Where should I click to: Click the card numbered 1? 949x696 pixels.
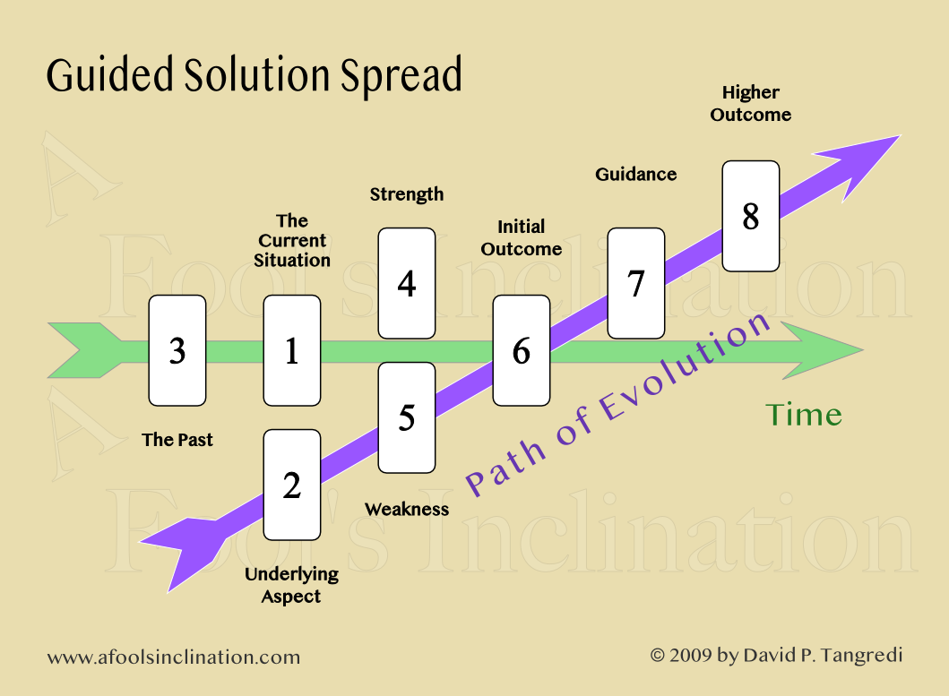pyautogui.click(x=291, y=350)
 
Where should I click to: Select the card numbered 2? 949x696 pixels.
pyautogui.click(x=291, y=485)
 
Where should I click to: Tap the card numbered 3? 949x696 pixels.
pyautogui.click(x=177, y=350)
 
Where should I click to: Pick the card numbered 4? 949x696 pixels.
pyautogui.click(x=406, y=283)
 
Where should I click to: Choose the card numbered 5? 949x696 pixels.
pyautogui.click(x=406, y=417)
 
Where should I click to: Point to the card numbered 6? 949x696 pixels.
pyautogui.click(x=521, y=350)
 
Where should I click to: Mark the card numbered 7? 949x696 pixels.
pyautogui.click(x=635, y=283)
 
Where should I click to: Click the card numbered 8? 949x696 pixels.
pyautogui.click(x=750, y=216)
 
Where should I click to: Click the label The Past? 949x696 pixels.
pyautogui.click(x=177, y=440)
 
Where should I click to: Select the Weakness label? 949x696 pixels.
pyautogui.click(x=406, y=510)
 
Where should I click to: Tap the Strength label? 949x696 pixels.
pyautogui.click(x=406, y=194)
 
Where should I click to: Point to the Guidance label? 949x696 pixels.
pyautogui.click(x=635, y=175)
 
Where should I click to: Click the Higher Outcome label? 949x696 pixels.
pyautogui.click(x=750, y=104)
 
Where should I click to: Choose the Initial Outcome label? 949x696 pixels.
pyautogui.click(x=521, y=238)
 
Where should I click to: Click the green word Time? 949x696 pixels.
pyautogui.click(x=803, y=415)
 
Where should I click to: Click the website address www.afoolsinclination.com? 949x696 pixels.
pyautogui.click(x=173, y=657)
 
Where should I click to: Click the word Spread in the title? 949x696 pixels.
pyautogui.click(x=401, y=75)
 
